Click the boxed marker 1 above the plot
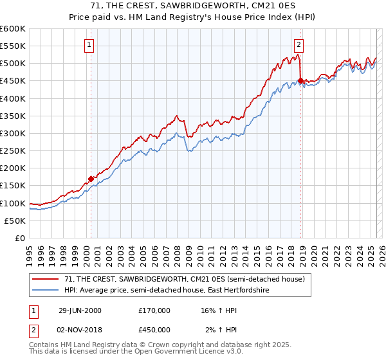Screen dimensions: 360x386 [89, 44]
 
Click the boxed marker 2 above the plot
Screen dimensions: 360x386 [299, 44]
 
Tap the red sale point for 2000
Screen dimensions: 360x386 [91, 179]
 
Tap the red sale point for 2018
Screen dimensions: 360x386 [300, 81]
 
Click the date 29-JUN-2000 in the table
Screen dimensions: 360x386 [80, 310]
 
